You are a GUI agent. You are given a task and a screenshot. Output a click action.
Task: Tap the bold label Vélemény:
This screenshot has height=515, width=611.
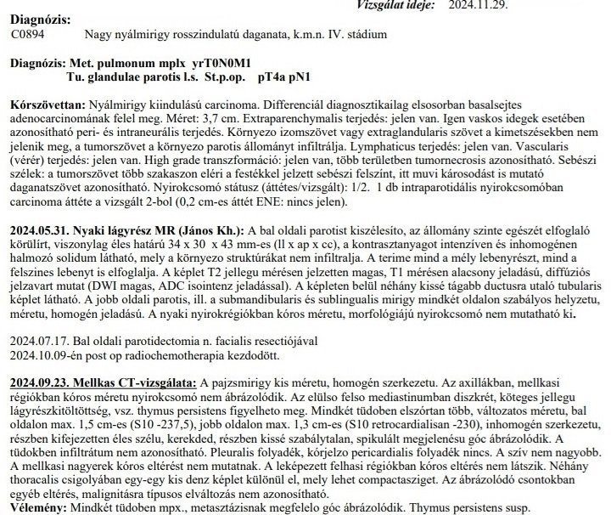coord(36,507)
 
